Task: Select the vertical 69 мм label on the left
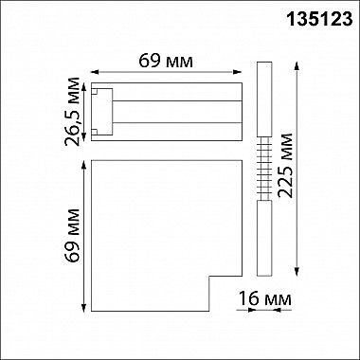71,237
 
